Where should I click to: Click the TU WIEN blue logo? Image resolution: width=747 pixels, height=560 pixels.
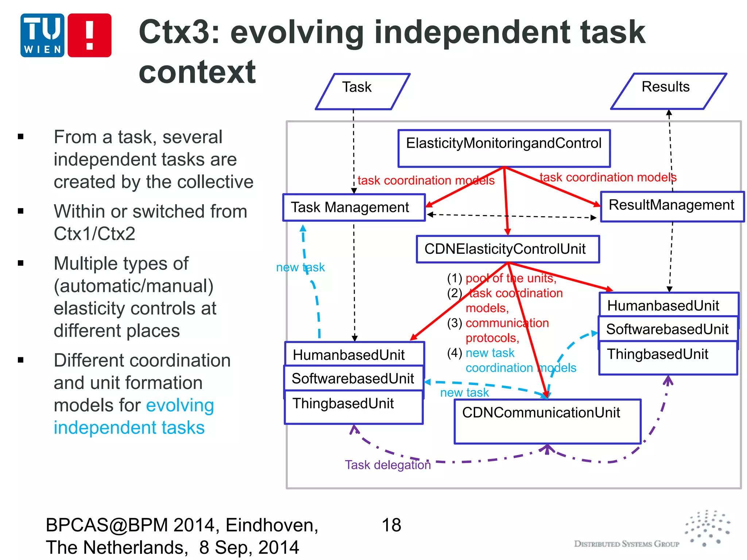pos(42,35)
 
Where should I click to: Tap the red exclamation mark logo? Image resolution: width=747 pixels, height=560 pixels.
pos(89,35)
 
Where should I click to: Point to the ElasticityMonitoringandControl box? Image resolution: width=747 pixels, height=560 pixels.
pos(504,148)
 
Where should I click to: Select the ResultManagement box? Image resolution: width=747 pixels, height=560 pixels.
pos(671,206)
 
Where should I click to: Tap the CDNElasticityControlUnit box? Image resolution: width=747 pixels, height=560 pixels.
pos(507,249)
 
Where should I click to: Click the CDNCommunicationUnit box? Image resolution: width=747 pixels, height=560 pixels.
pos(547,421)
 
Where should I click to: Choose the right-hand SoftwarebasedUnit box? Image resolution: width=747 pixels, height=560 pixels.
pos(667,329)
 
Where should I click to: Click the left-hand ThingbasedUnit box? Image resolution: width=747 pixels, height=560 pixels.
pos(353,407)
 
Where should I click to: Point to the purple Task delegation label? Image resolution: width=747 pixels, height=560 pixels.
pos(388,465)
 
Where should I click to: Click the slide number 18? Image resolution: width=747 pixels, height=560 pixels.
pos(391,525)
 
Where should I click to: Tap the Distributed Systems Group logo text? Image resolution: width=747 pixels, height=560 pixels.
pos(626,544)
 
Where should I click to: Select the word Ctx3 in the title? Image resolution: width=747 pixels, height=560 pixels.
pos(179,32)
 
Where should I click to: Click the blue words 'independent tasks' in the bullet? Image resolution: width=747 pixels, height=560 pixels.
pos(129,427)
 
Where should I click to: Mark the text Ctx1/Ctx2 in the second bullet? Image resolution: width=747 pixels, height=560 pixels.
pos(94,233)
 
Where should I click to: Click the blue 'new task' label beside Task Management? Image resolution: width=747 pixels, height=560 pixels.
pos(300,267)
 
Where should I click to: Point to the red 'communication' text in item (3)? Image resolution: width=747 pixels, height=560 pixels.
pos(507,323)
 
